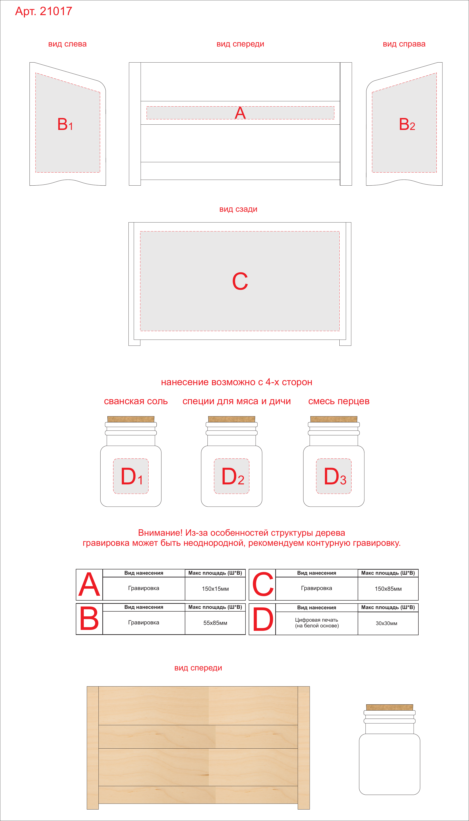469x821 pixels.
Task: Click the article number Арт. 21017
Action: tap(44, 11)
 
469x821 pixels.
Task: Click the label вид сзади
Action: tap(238, 209)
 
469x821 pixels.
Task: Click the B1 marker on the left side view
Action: tap(65, 124)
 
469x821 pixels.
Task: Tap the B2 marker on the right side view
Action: tap(407, 124)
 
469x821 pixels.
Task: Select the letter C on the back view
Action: tap(240, 281)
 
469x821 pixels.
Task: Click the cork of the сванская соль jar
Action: tap(131, 419)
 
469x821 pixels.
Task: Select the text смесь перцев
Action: tap(339, 401)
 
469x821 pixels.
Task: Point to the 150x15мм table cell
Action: tap(215, 589)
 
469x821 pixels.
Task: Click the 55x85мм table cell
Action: tap(215, 623)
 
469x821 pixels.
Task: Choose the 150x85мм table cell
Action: tap(388, 589)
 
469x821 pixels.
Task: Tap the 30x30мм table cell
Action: tap(388, 623)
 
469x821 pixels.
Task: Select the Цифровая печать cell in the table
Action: tap(317, 623)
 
